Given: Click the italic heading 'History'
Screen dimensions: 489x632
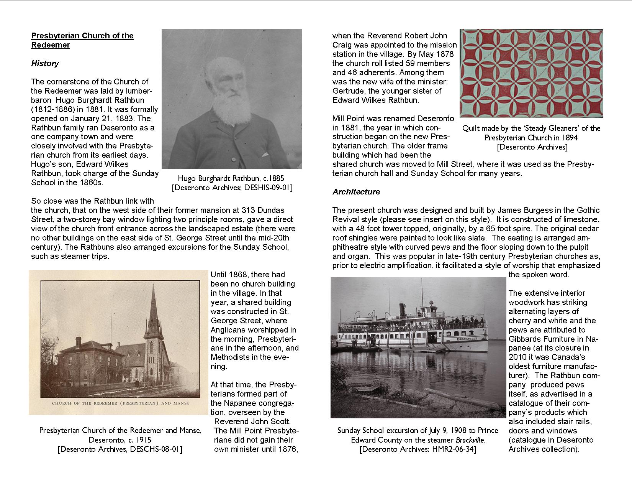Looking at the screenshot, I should [x=45, y=63].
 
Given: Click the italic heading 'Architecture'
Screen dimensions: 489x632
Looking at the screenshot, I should [x=356, y=192].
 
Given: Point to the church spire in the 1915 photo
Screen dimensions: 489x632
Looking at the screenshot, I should [x=153, y=307].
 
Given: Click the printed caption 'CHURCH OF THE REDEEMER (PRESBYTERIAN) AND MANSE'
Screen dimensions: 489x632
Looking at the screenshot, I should [x=120, y=403].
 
